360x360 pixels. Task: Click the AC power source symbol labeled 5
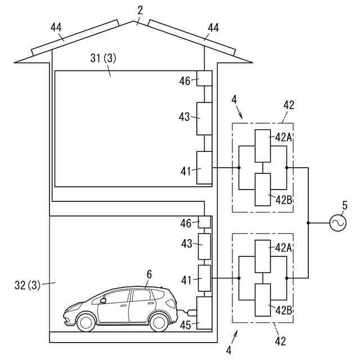click(337, 223)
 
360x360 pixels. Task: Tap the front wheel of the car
click(87, 321)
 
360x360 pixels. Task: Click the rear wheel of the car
click(159, 321)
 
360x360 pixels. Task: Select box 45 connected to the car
click(204, 313)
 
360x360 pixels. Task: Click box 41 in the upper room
click(204, 168)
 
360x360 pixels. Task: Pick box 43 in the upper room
click(204, 118)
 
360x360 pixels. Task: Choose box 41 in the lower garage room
click(204, 278)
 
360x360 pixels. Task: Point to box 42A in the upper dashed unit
click(263, 146)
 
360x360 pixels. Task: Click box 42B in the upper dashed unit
click(263, 189)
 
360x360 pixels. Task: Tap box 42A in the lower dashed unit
click(263, 256)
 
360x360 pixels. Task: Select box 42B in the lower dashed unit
click(263, 299)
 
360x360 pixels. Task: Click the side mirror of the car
click(103, 300)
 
